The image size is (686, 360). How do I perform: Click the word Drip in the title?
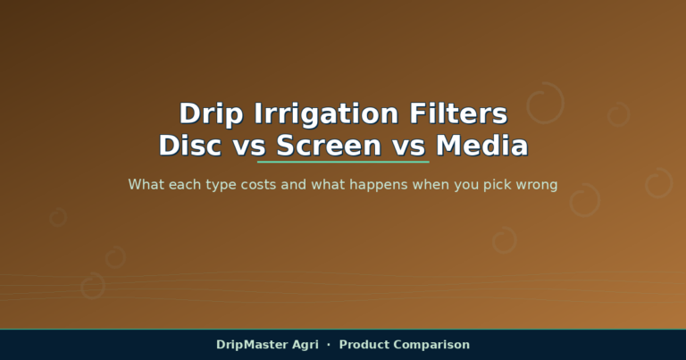(211, 114)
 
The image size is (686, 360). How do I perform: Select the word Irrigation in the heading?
(326, 114)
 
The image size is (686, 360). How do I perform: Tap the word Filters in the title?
(458, 113)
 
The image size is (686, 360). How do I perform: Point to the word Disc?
(190, 146)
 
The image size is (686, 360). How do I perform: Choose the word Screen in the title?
(329, 146)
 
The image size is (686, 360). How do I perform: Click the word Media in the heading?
(481, 146)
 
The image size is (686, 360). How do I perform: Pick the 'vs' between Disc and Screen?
(249, 147)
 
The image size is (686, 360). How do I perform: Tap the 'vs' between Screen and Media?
(408, 147)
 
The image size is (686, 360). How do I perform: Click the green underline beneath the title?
(343, 162)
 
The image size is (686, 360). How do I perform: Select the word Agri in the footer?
(305, 346)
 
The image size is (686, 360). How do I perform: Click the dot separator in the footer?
(329, 345)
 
